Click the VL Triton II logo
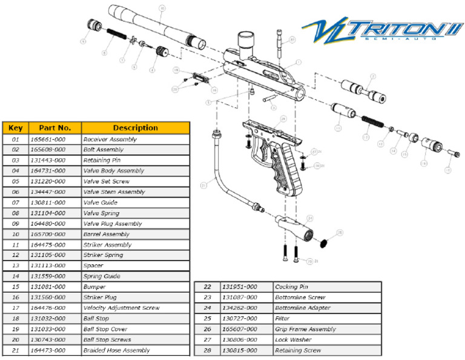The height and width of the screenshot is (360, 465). [x=381, y=30]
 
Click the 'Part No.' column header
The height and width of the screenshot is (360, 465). [x=55, y=128]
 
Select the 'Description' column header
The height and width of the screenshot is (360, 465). [x=135, y=128]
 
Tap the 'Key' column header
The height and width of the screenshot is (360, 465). [x=15, y=128]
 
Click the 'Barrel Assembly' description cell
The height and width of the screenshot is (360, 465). [x=106, y=234]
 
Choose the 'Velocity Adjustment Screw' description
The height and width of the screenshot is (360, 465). [x=121, y=308]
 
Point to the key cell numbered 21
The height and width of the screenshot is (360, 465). [x=15, y=350]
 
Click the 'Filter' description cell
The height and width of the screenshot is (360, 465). [x=282, y=318]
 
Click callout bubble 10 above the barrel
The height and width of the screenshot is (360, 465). [x=162, y=8]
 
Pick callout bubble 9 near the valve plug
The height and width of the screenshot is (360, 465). [x=82, y=41]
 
